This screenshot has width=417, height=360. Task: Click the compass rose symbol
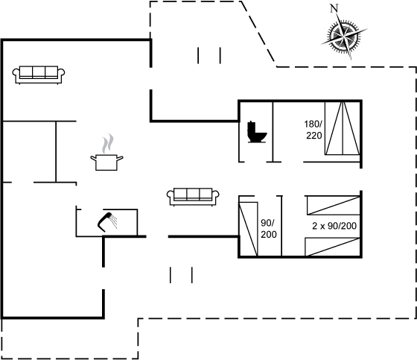(x=344, y=36)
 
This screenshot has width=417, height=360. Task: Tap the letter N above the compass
(x=334, y=8)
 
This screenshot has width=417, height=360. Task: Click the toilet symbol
(x=257, y=132)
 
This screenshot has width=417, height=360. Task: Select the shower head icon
(x=104, y=222)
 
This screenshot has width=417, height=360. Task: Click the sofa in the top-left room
(x=39, y=75)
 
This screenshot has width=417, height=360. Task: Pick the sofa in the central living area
(x=193, y=197)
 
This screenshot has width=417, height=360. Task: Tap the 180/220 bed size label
(x=313, y=130)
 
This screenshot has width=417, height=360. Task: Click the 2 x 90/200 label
(x=334, y=226)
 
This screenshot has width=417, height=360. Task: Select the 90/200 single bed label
(x=268, y=229)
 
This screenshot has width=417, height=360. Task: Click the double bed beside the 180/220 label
(x=343, y=128)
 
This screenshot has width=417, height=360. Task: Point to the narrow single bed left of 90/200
(x=249, y=229)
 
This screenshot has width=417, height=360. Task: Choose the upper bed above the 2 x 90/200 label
(x=334, y=205)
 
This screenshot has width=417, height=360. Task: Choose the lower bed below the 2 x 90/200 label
(x=332, y=247)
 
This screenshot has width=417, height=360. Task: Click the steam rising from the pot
(x=108, y=143)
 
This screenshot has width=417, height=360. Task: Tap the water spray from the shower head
(x=114, y=221)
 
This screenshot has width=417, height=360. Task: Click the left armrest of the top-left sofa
(x=16, y=73)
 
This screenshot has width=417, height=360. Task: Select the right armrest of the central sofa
(x=216, y=195)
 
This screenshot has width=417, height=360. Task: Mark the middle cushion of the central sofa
(x=193, y=194)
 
